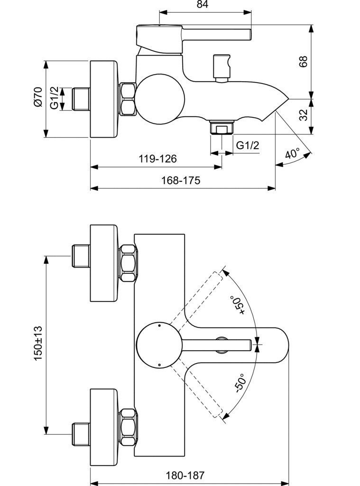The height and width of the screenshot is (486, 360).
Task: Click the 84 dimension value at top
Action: click(203, 4)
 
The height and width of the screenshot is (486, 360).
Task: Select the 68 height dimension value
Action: click(303, 61)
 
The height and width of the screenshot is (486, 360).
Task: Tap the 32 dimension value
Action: click(304, 115)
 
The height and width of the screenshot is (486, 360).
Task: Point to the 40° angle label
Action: click(293, 153)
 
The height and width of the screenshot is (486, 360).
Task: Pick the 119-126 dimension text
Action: click(157, 159)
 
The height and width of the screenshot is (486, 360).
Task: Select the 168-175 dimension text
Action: click(181, 180)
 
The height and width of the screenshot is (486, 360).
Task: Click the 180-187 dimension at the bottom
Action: click(185, 475)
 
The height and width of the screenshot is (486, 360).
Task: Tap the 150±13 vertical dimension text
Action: click(38, 343)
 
